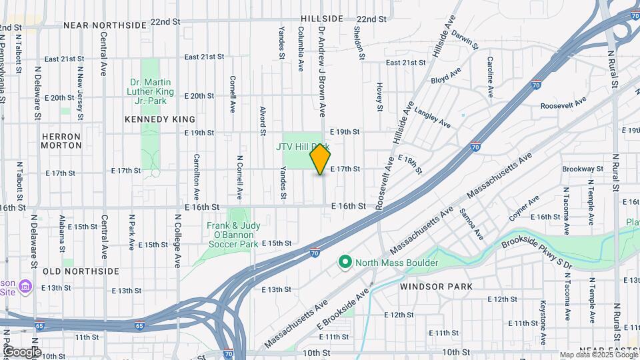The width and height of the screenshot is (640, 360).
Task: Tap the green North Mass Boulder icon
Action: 345,263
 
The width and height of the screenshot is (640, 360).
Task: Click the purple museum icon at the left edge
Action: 25,286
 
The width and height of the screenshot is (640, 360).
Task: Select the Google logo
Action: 21,351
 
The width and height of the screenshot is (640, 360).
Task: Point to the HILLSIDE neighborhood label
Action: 321,19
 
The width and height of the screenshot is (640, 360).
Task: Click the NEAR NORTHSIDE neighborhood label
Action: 105,25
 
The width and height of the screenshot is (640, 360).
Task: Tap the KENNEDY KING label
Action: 160,119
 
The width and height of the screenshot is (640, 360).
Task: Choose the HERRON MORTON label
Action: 61,141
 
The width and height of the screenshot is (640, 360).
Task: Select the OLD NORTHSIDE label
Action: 81,271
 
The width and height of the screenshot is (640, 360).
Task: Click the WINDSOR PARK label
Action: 437,286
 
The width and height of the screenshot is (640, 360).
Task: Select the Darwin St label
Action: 464,39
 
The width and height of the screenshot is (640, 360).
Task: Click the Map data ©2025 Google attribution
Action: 598,355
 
